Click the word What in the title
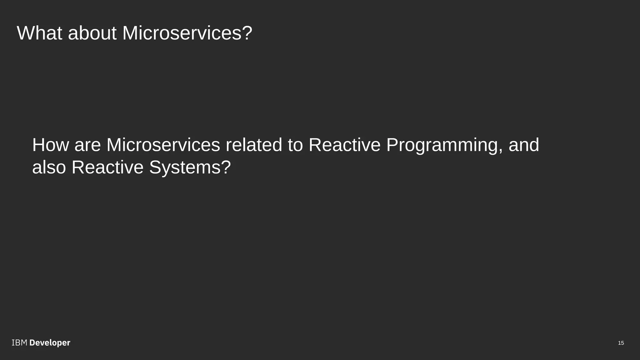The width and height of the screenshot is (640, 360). pyautogui.click(x=39, y=33)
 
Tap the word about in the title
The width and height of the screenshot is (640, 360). pyautogui.click(x=92, y=33)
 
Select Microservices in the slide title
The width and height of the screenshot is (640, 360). pyautogui.click(x=181, y=33)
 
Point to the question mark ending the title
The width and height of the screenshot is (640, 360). pyautogui.click(x=247, y=33)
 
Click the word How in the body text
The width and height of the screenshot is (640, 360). pyautogui.click(x=50, y=145)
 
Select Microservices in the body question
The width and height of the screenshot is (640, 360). pyautogui.click(x=163, y=145)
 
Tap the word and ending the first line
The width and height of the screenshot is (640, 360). pyautogui.click(x=524, y=145)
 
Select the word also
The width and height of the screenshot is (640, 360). pyautogui.click(x=49, y=167)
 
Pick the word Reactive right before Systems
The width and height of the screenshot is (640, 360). pyautogui.click(x=107, y=167)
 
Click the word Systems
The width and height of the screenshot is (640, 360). pyautogui.click(x=184, y=167)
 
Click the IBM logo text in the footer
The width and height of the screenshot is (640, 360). pyautogui.click(x=19, y=343)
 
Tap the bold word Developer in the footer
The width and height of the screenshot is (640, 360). pyautogui.click(x=50, y=343)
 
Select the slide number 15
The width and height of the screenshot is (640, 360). pyautogui.click(x=621, y=343)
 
